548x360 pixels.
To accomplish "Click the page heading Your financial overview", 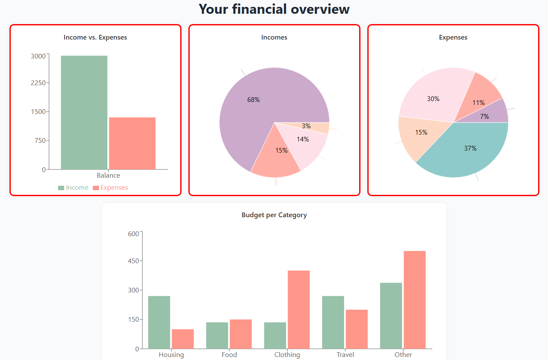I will (274, 9).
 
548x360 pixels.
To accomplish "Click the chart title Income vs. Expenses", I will (95, 37).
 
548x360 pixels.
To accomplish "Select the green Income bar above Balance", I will (84, 112).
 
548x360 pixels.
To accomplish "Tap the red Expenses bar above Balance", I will (132, 143).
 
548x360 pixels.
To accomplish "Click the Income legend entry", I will (74, 188).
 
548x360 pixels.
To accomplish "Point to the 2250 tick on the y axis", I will (38, 83).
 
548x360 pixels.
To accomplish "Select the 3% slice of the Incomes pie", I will (318, 127).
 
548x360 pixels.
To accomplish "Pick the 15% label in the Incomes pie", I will (281, 151).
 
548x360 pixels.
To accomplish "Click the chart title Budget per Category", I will (274, 215).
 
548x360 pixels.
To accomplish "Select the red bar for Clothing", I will (299, 309).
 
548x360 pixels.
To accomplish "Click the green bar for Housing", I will (159, 322).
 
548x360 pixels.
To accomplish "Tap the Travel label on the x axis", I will (345, 355).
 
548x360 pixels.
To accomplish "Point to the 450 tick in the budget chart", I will (133, 261).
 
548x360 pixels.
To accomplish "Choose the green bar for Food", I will (217, 335).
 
